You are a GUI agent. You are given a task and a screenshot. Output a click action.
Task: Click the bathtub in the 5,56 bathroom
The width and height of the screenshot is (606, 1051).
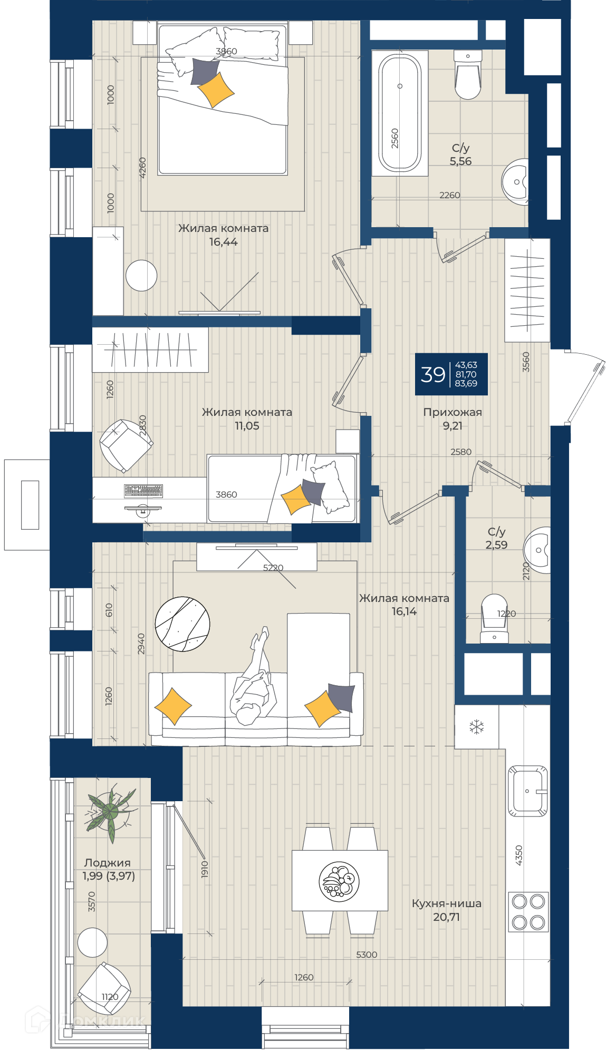point(400,113)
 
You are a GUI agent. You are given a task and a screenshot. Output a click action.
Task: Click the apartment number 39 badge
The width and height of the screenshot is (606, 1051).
point(451,374)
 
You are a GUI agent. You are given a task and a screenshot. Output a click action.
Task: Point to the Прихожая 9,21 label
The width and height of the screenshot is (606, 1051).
point(453,419)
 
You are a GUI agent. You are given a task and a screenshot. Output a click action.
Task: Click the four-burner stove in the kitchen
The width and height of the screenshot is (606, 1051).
point(528,911)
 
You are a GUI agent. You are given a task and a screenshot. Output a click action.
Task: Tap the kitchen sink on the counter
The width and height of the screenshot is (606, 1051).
point(527,791)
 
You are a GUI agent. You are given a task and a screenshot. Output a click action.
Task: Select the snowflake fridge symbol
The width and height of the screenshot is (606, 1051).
point(477,727)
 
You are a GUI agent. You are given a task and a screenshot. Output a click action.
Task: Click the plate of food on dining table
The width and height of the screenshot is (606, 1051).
point(339,881)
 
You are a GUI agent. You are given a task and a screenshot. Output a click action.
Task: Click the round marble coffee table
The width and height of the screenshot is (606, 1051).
point(182,624)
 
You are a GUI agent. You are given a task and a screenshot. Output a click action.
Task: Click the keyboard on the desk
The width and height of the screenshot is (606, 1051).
point(143,491)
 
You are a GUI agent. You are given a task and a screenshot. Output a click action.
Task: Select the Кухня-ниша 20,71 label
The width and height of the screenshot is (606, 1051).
point(447,910)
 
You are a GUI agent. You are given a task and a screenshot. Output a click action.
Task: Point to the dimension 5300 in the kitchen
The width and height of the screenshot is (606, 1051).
point(367,955)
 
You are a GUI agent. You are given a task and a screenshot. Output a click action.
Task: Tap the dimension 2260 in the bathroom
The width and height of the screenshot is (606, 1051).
point(450,195)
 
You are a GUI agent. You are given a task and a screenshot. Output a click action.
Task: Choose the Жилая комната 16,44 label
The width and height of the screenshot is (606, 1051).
point(224,235)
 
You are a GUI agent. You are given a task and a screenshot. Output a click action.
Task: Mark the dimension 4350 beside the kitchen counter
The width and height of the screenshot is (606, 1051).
point(519,855)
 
